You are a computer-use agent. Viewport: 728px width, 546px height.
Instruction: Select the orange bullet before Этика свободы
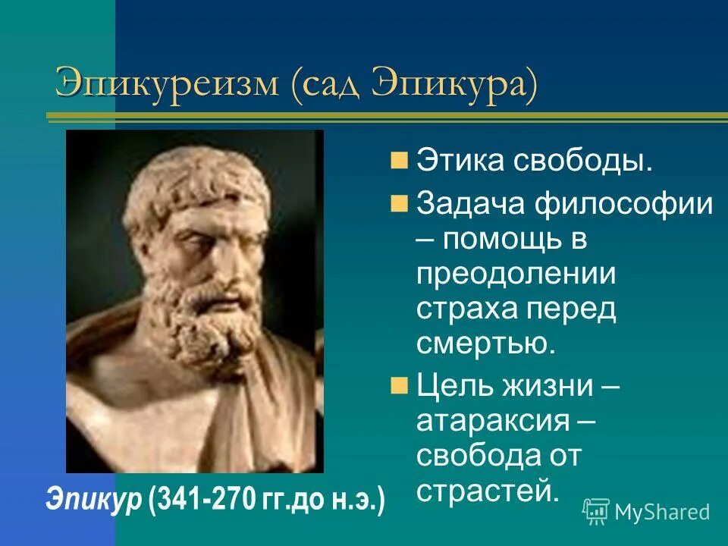(400, 161)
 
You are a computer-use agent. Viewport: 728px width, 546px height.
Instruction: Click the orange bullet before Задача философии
(400, 203)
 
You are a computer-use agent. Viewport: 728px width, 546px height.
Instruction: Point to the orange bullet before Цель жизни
(400, 384)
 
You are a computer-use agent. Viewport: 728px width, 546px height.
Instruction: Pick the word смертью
(486, 344)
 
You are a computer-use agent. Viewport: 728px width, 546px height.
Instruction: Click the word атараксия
(500, 421)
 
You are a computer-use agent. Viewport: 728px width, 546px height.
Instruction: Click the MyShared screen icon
(597, 512)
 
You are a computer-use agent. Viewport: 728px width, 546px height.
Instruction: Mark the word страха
(463, 309)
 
